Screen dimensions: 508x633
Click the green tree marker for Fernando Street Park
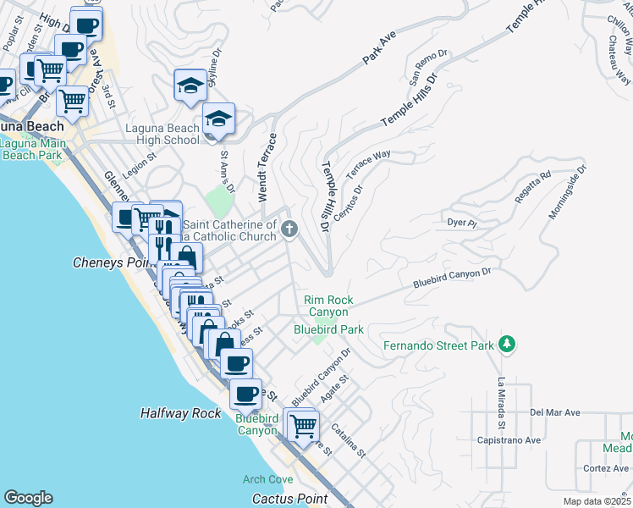coord(507,344)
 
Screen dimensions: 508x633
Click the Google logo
coord(28,498)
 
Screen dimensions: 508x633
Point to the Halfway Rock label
coord(181,413)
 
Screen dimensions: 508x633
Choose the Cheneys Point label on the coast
coord(110,262)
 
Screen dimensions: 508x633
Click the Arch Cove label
coord(267,479)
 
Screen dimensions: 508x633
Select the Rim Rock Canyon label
coord(329,306)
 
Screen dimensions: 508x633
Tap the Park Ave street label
coord(380,49)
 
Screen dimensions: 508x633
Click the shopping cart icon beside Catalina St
coord(302,425)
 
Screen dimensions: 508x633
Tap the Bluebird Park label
coord(328,329)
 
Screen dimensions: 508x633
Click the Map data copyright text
coord(597,501)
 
